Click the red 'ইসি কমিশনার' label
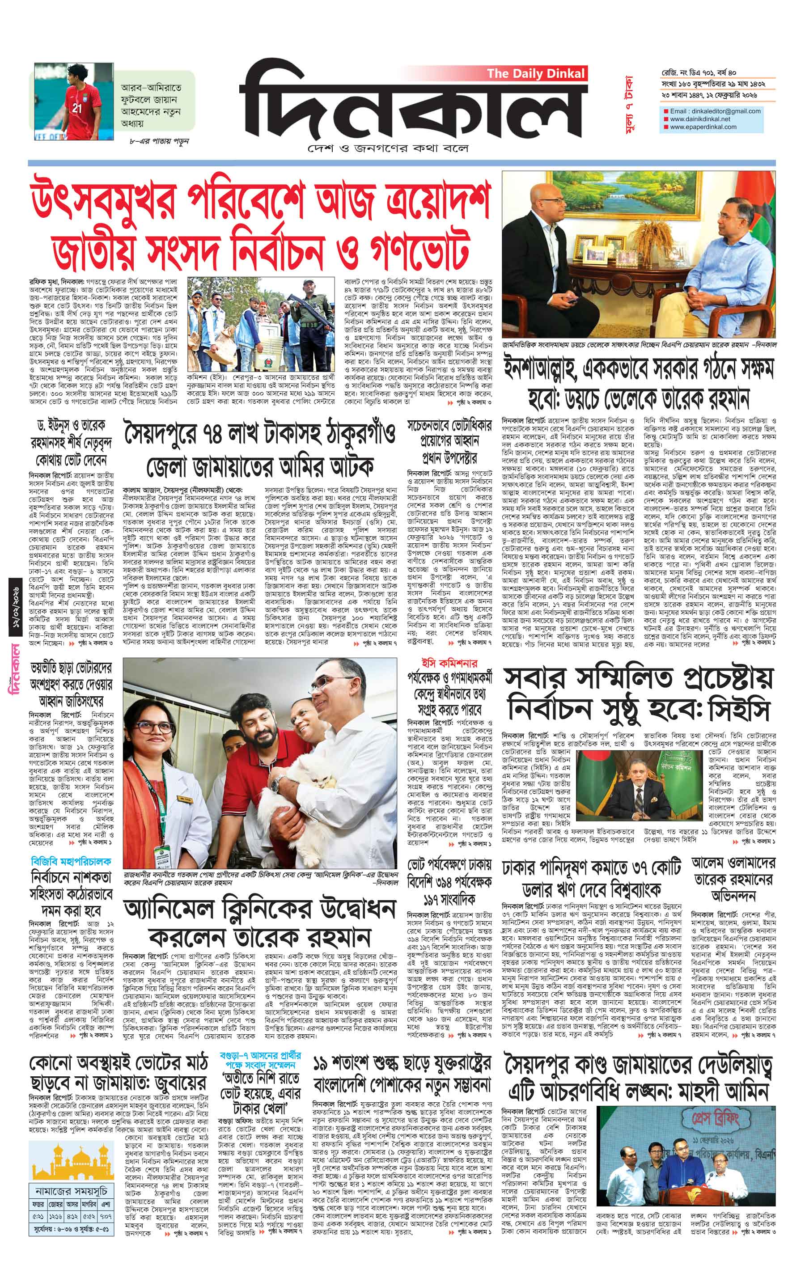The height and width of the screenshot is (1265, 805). [449, 664]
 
